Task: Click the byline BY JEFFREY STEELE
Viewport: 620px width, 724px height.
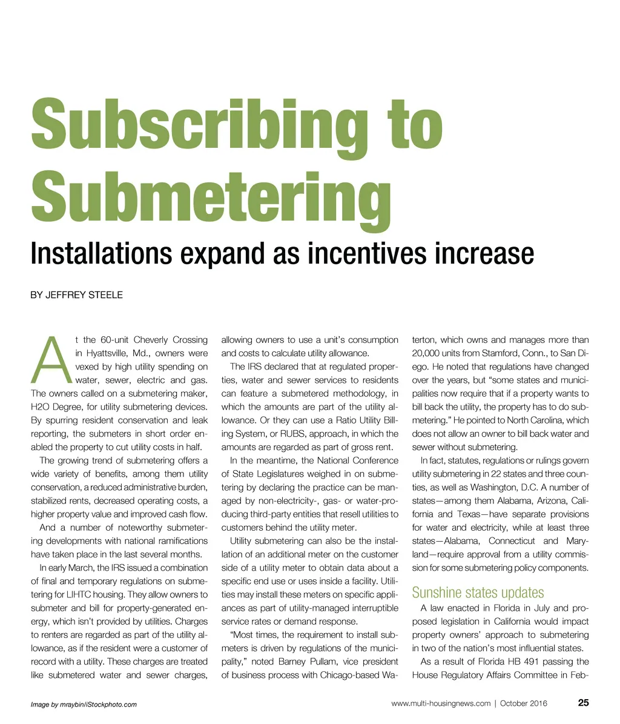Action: coord(76,295)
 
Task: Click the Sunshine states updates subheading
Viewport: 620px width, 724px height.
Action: coord(478,592)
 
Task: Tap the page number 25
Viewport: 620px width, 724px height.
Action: coord(583,703)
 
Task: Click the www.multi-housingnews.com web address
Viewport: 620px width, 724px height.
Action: coord(441,704)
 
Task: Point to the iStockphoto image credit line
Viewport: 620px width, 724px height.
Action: coord(84,705)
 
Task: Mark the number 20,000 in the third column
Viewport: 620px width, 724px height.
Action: coord(428,353)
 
